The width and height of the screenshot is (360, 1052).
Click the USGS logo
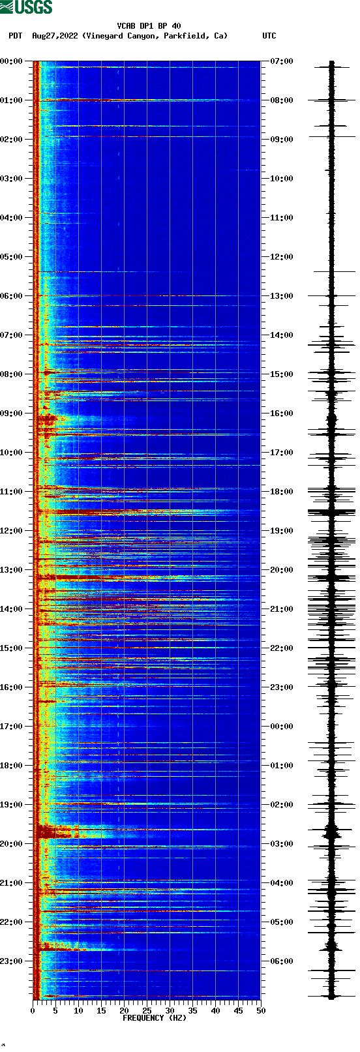click(26, 7)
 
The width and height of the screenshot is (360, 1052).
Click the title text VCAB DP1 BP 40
click(149, 26)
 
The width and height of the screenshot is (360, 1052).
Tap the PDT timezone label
click(15, 36)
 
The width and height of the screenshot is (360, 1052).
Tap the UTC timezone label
click(269, 36)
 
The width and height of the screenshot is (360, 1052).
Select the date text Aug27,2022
click(55, 36)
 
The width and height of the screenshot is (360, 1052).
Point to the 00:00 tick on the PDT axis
click(12, 61)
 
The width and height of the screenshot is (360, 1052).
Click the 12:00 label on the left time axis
click(12, 531)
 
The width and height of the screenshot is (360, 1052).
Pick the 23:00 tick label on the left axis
click(12, 961)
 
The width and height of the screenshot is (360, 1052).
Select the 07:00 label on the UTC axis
click(282, 61)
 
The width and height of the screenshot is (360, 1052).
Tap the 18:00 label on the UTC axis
click(282, 492)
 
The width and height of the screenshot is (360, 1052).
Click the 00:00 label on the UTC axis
click(282, 727)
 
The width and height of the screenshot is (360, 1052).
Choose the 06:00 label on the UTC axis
click(282, 961)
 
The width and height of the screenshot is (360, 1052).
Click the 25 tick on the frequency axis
click(147, 1010)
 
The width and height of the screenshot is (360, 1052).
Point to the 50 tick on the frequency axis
click(261, 1010)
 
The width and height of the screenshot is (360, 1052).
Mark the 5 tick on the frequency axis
click(55, 1010)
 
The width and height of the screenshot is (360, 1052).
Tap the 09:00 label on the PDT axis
click(12, 413)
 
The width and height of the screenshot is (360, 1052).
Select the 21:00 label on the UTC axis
click(282, 609)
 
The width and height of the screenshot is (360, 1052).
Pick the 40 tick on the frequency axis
click(215, 1010)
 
